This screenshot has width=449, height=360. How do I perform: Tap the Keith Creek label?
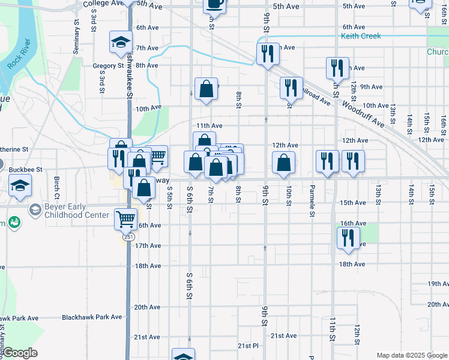361,37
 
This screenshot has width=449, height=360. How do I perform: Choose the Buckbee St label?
25,170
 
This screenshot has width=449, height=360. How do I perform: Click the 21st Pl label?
247,346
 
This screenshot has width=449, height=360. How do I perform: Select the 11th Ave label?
209,126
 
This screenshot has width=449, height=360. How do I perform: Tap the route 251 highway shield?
128,237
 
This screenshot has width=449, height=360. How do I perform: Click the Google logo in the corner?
20,353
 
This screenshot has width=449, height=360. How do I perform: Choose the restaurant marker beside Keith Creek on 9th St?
267,53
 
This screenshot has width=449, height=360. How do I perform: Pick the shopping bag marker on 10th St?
283,162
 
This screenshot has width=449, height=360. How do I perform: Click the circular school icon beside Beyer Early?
35,211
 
